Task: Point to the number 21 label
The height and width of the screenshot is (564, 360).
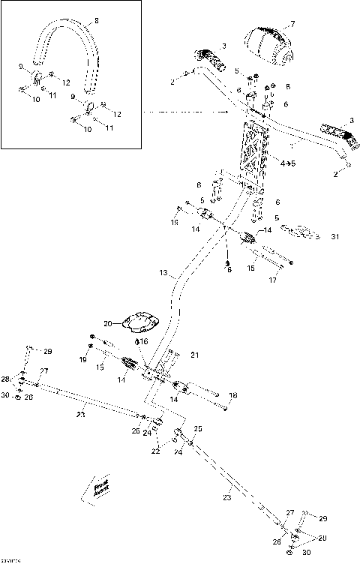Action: point(193,354)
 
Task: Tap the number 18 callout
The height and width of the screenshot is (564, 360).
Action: point(232,394)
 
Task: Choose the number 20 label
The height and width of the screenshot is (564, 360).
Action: point(107,323)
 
